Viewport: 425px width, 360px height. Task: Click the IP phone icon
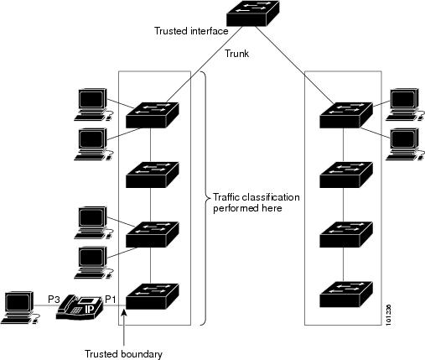(x=80, y=307)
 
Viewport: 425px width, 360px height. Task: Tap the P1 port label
(x=110, y=300)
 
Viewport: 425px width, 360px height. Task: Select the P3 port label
(x=54, y=300)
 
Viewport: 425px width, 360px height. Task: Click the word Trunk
(x=237, y=54)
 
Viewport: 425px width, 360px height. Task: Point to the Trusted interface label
(x=191, y=31)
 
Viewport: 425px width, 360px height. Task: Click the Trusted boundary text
(x=123, y=354)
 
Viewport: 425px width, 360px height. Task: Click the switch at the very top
(x=252, y=13)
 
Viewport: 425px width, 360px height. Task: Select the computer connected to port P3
(x=20, y=307)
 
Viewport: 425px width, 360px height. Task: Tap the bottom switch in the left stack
(x=153, y=296)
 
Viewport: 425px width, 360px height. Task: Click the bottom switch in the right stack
(x=346, y=295)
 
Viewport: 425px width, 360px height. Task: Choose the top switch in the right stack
(x=346, y=115)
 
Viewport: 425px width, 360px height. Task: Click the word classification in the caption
(x=271, y=197)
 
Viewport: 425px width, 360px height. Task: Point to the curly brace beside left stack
(x=206, y=198)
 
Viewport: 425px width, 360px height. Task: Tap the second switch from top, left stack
(x=153, y=175)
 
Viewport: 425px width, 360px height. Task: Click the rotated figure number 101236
(x=389, y=315)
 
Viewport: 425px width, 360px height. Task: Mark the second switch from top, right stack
(x=346, y=175)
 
